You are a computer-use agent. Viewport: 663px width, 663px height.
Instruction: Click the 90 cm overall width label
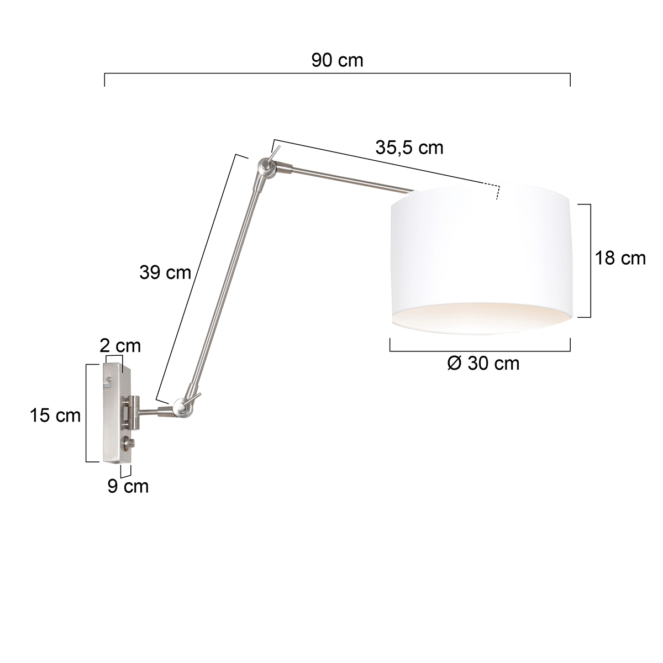[x=337, y=60]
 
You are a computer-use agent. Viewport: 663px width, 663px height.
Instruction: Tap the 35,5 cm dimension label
[x=409, y=148]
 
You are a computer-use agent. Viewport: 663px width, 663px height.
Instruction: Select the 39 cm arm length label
[x=165, y=272]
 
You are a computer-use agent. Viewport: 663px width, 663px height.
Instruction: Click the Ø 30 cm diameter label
[x=483, y=363]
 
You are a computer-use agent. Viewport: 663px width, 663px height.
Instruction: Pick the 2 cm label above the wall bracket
[x=120, y=346]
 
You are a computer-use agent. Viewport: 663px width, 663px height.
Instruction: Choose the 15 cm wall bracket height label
[x=55, y=415]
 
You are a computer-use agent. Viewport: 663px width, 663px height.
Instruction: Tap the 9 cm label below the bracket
[x=128, y=486]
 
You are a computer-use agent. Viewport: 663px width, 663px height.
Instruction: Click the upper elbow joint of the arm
[x=266, y=167]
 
